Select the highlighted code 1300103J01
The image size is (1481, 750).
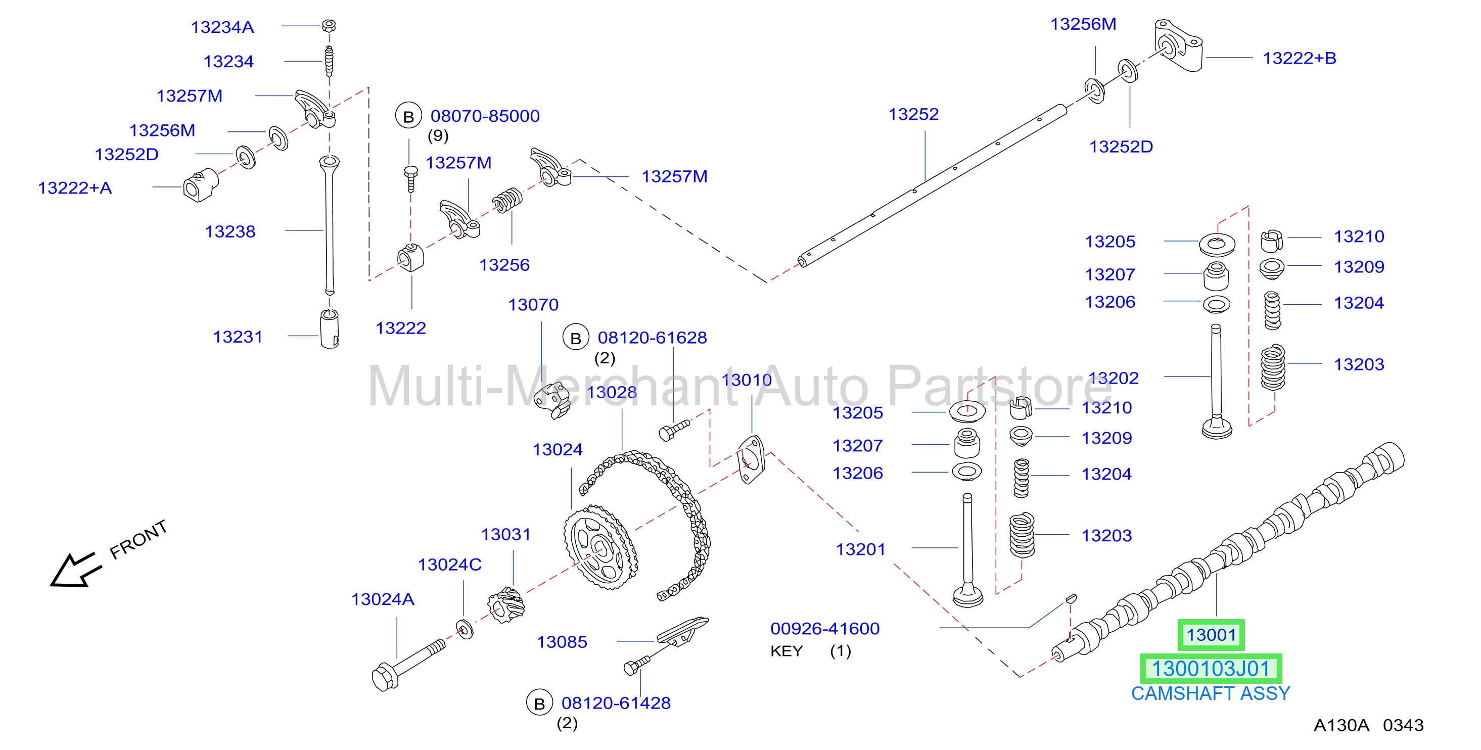(x=1210, y=669)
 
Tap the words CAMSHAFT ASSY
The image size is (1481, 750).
(x=1210, y=694)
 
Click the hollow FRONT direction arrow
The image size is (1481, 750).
(x=75, y=570)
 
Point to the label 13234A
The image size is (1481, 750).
(x=222, y=27)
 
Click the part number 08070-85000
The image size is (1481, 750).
(x=485, y=116)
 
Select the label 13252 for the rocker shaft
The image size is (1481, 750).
(x=913, y=114)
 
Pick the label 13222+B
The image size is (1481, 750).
(x=1300, y=58)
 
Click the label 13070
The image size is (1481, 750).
(x=533, y=305)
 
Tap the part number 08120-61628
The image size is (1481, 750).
(x=652, y=338)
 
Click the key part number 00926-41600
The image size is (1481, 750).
(x=824, y=629)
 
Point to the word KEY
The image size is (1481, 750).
(x=786, y=651)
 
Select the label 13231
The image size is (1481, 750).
(x=238, y=337)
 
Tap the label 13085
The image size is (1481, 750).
(x=562, y=642)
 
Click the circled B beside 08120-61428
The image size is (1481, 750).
(x=539, y=704)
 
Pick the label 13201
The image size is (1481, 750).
(x=860, y=549)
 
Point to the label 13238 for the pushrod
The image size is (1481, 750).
(x=230, y=231)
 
